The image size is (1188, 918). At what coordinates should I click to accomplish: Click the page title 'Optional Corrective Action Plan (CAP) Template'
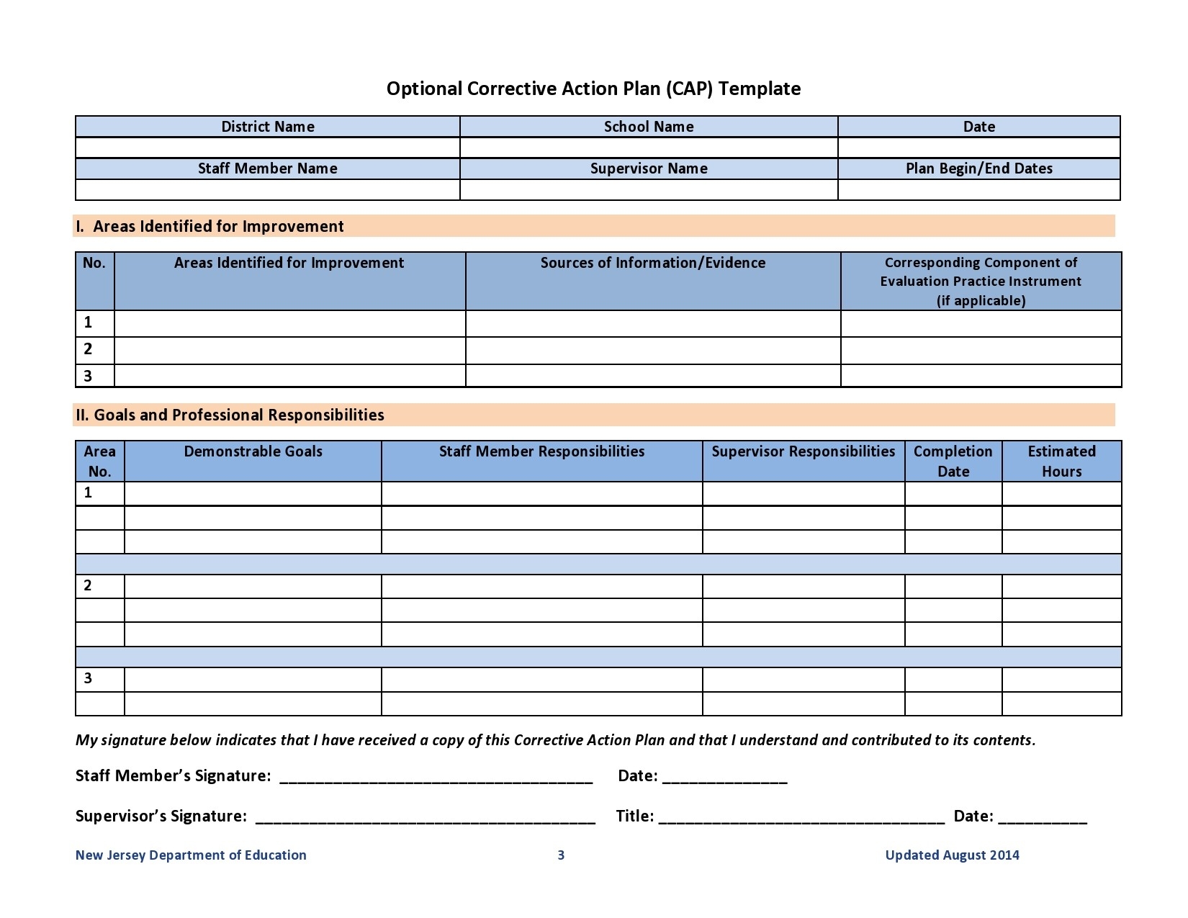(x=593, y=89)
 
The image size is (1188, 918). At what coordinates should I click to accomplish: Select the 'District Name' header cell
(x=267, y=127)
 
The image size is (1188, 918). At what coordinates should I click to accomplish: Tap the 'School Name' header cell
(x=648, y=127)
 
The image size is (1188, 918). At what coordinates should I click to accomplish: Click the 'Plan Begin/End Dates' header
(x=978, y=168)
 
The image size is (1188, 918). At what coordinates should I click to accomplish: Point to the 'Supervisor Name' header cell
(x=648, y=168)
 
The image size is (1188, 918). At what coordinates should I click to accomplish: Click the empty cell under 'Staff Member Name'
(x=267, y=189)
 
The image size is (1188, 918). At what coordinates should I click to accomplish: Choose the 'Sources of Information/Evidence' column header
(x=652, y=263)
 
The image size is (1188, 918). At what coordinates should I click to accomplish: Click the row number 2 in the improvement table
(x=88, y=349)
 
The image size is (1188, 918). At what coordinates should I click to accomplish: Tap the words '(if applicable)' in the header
(x=981, y=300)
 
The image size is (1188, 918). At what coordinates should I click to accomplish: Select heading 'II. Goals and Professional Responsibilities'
(x=230, y=415)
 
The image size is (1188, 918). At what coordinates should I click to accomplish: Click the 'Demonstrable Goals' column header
(x=253, y=451)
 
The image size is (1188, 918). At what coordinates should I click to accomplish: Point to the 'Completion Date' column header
(x=953, y=461)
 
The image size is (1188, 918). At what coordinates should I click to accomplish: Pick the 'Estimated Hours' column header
(x=1061, y=461)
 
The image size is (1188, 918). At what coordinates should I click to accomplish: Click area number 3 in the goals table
(x=88, y=678)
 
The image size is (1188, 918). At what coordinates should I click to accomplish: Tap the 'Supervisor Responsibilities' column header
(x=803, y=451)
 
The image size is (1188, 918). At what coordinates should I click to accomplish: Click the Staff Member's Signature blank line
(x=436, y=778)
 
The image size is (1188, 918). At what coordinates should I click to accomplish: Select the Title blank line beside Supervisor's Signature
(x=801, y=818)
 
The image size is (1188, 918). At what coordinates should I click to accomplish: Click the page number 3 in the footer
(x=561, y=855)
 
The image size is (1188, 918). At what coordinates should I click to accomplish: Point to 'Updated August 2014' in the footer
(x=952, y=855)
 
